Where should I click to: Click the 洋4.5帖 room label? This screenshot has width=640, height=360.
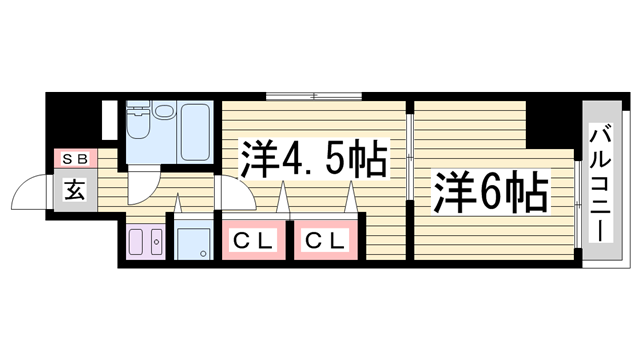[313, 159]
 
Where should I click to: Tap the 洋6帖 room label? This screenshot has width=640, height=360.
[491, 190]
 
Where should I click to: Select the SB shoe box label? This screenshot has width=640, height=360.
[74, 159]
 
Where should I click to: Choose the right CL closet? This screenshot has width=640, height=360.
[324, 240]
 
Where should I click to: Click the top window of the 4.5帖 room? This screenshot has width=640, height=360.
[313, 96]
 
